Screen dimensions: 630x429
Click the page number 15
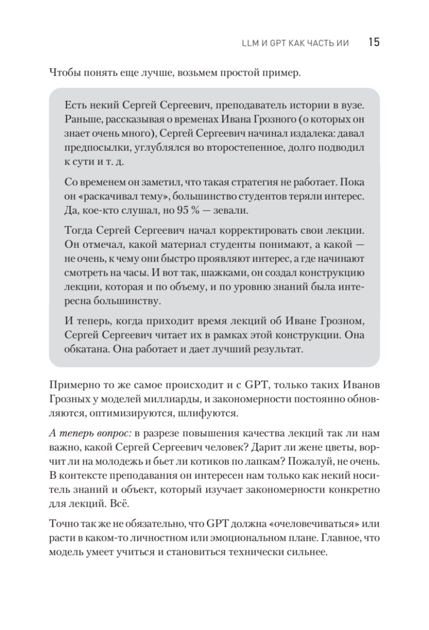click(x=373, y=43)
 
